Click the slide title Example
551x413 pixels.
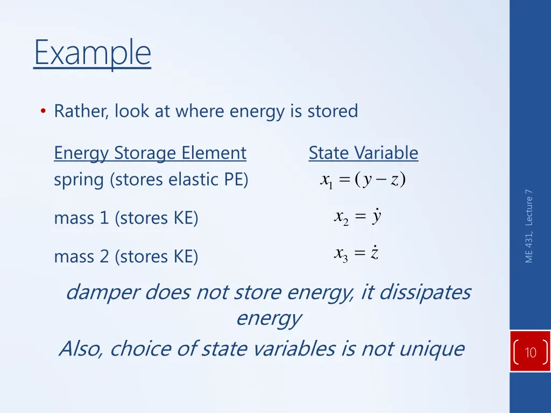[x=92, y=53]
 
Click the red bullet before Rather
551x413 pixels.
[x=43, y=111]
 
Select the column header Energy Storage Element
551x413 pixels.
[x=150, y=153]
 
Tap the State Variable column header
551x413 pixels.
[x=363, y=153]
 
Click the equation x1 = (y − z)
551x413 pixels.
[x=362, y=180]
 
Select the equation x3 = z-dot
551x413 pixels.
[x=357, y=253]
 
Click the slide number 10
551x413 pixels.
[x=530, y=353]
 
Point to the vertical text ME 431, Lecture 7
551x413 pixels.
[x=529, y=226]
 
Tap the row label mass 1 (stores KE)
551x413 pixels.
[x=126, y=218]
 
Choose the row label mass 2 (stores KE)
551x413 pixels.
[x=126, y=257]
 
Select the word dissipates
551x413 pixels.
[x=425, y=293]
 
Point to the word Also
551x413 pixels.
[x=81, y=349]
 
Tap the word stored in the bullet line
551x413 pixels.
[x=332, y=111]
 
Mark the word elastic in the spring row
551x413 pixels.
[x=194, y=180]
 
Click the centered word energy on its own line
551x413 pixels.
[x=269, y=318]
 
